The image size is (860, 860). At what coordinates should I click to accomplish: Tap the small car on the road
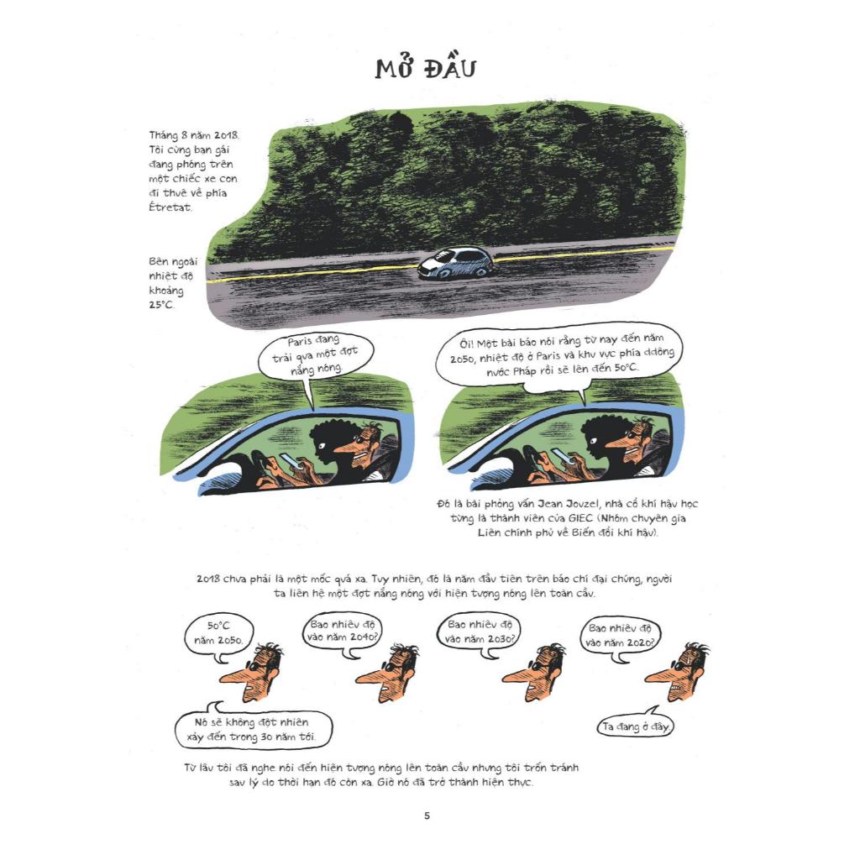pyautogui.click(x=455, y=263)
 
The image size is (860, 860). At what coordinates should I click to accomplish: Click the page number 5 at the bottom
pyautogui.click(x=427, y=815)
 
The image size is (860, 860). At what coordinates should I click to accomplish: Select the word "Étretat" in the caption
pyautogui.click(x=170, y=207)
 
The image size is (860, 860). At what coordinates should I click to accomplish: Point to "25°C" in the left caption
pyautogui.click(x=160, y=304)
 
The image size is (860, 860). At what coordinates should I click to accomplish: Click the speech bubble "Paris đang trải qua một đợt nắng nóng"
pyautogui.click(x=316, y=356)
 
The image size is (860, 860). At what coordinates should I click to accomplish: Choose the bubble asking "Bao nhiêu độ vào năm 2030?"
pyautogui.click(x=479, y=632)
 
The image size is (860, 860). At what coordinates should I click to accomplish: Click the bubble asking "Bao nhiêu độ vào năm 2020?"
pyautogui.click(x=620, y=637)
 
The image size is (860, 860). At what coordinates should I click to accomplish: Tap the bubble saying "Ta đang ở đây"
pyautogui.click(x=635, y=725)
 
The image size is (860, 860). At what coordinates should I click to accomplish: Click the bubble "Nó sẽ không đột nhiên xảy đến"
pyautogui.click(x=254, y=728)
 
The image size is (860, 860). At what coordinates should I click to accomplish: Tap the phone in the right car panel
pyautogui.click(x=562, y=456)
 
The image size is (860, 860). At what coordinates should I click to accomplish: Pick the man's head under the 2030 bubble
pyautogui.click(x=535, y=673)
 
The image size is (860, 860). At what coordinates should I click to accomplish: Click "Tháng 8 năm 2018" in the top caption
pyautogui.click(x=194, y=135)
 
